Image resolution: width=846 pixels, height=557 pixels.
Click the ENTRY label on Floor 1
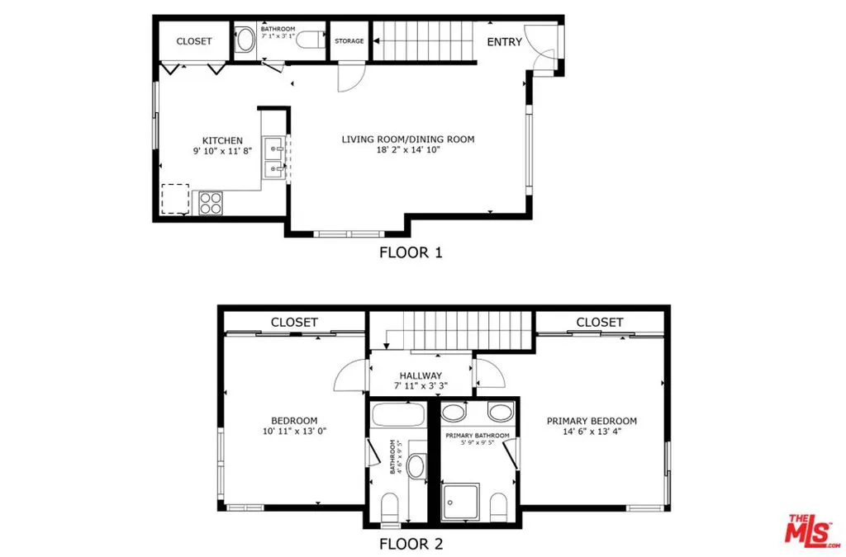coord(504,41)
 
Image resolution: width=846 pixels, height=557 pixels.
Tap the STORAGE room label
coord(349,41)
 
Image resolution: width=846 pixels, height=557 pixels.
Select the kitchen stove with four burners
coord(211,202)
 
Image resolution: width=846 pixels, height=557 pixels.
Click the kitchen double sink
coord(274,159)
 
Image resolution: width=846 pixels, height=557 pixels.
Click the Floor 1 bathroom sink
coord(245,40)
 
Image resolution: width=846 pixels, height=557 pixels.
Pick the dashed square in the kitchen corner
coord(175,199)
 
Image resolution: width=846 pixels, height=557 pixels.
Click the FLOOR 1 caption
coord(411,253)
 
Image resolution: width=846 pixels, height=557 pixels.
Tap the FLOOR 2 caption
coord(411,544)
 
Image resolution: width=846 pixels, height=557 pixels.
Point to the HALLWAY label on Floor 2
coord(421,375)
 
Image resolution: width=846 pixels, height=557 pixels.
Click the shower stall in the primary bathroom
coord(460,502)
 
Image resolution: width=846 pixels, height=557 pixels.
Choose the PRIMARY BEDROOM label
coord(592,421)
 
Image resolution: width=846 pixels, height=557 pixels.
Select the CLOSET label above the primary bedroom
coord(599,322)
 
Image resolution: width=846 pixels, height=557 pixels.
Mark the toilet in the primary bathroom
coord(498,504)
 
